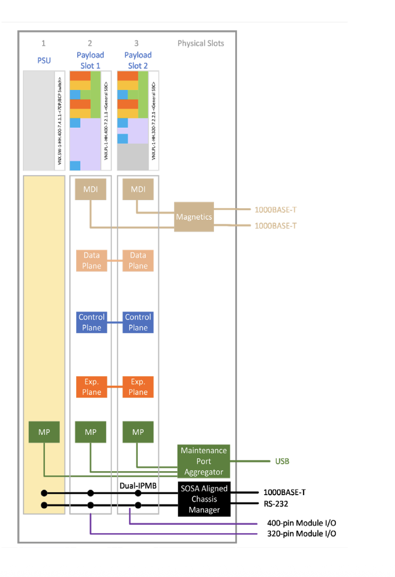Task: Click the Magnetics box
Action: (194, 217)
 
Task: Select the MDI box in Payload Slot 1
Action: (91, 189)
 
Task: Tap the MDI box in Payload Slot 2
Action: (138, 189)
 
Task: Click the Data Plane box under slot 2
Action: (92, 260)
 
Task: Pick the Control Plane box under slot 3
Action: (138, 322)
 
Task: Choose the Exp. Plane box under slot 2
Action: (92, 387)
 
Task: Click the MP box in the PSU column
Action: (44, 432)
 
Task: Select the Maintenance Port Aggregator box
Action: (203, 461)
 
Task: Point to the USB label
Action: (282, 461)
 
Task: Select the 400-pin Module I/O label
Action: (301, 523)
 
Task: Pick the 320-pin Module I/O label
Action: (301, 534)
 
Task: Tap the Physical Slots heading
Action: (201, 43)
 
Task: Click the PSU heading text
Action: (44, 60)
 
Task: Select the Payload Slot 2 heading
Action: (138, 60)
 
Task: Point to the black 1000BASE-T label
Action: (285, 492)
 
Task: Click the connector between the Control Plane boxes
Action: (114, 322)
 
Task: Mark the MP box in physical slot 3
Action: (138, 432)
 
